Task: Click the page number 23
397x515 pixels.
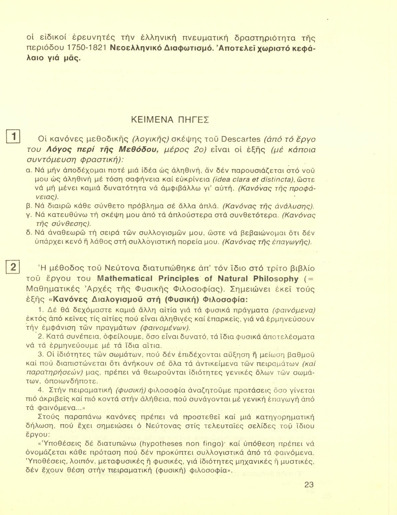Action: pos(309,484)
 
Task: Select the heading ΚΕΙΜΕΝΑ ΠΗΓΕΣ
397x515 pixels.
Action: pos(170,120)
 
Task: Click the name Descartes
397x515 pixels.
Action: pos(241,140)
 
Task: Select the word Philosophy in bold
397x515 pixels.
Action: pos(276,278)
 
